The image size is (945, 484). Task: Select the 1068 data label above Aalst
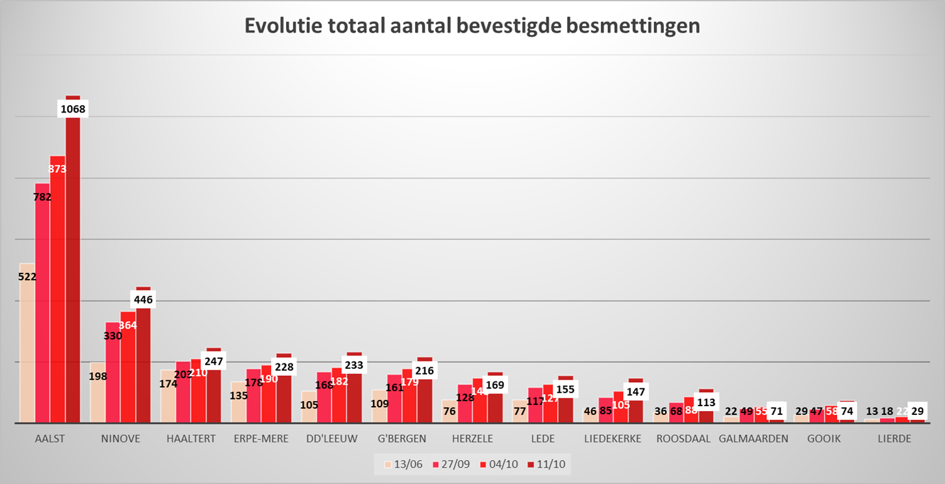point(73,109)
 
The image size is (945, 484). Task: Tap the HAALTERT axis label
point(191,439)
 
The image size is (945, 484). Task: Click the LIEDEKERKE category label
point(613,439)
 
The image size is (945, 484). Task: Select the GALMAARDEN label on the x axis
point(753,439)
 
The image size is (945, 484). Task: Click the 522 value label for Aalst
point(28,276)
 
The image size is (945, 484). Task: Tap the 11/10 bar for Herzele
point(495,405)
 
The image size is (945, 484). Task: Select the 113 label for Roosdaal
point(706,404)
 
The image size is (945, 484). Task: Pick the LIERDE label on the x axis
point(894,439)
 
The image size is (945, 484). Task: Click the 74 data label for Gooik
point(847,411)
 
